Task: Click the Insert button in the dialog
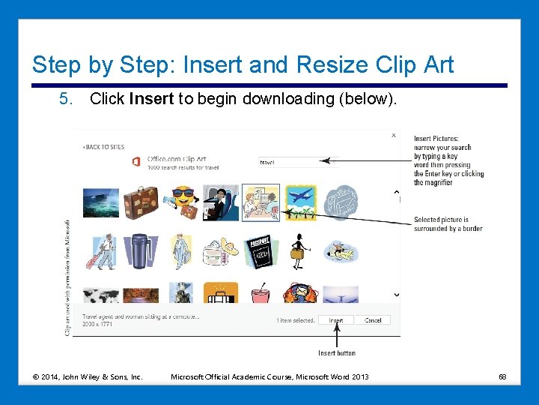click(x=336, y=320)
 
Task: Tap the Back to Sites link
click(x=104, y=147)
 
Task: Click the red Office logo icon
click(x=135, y=161)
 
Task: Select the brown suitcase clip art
click(x=140, y=202)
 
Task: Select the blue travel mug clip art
click(x=140, y=251)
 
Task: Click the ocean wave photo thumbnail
click(x=100, y=202)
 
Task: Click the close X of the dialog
click(x=394, y=136)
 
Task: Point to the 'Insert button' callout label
click(x=337, y=352)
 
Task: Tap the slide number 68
click(x=503, y=376)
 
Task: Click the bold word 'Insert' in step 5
click(x=152, y=98)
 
